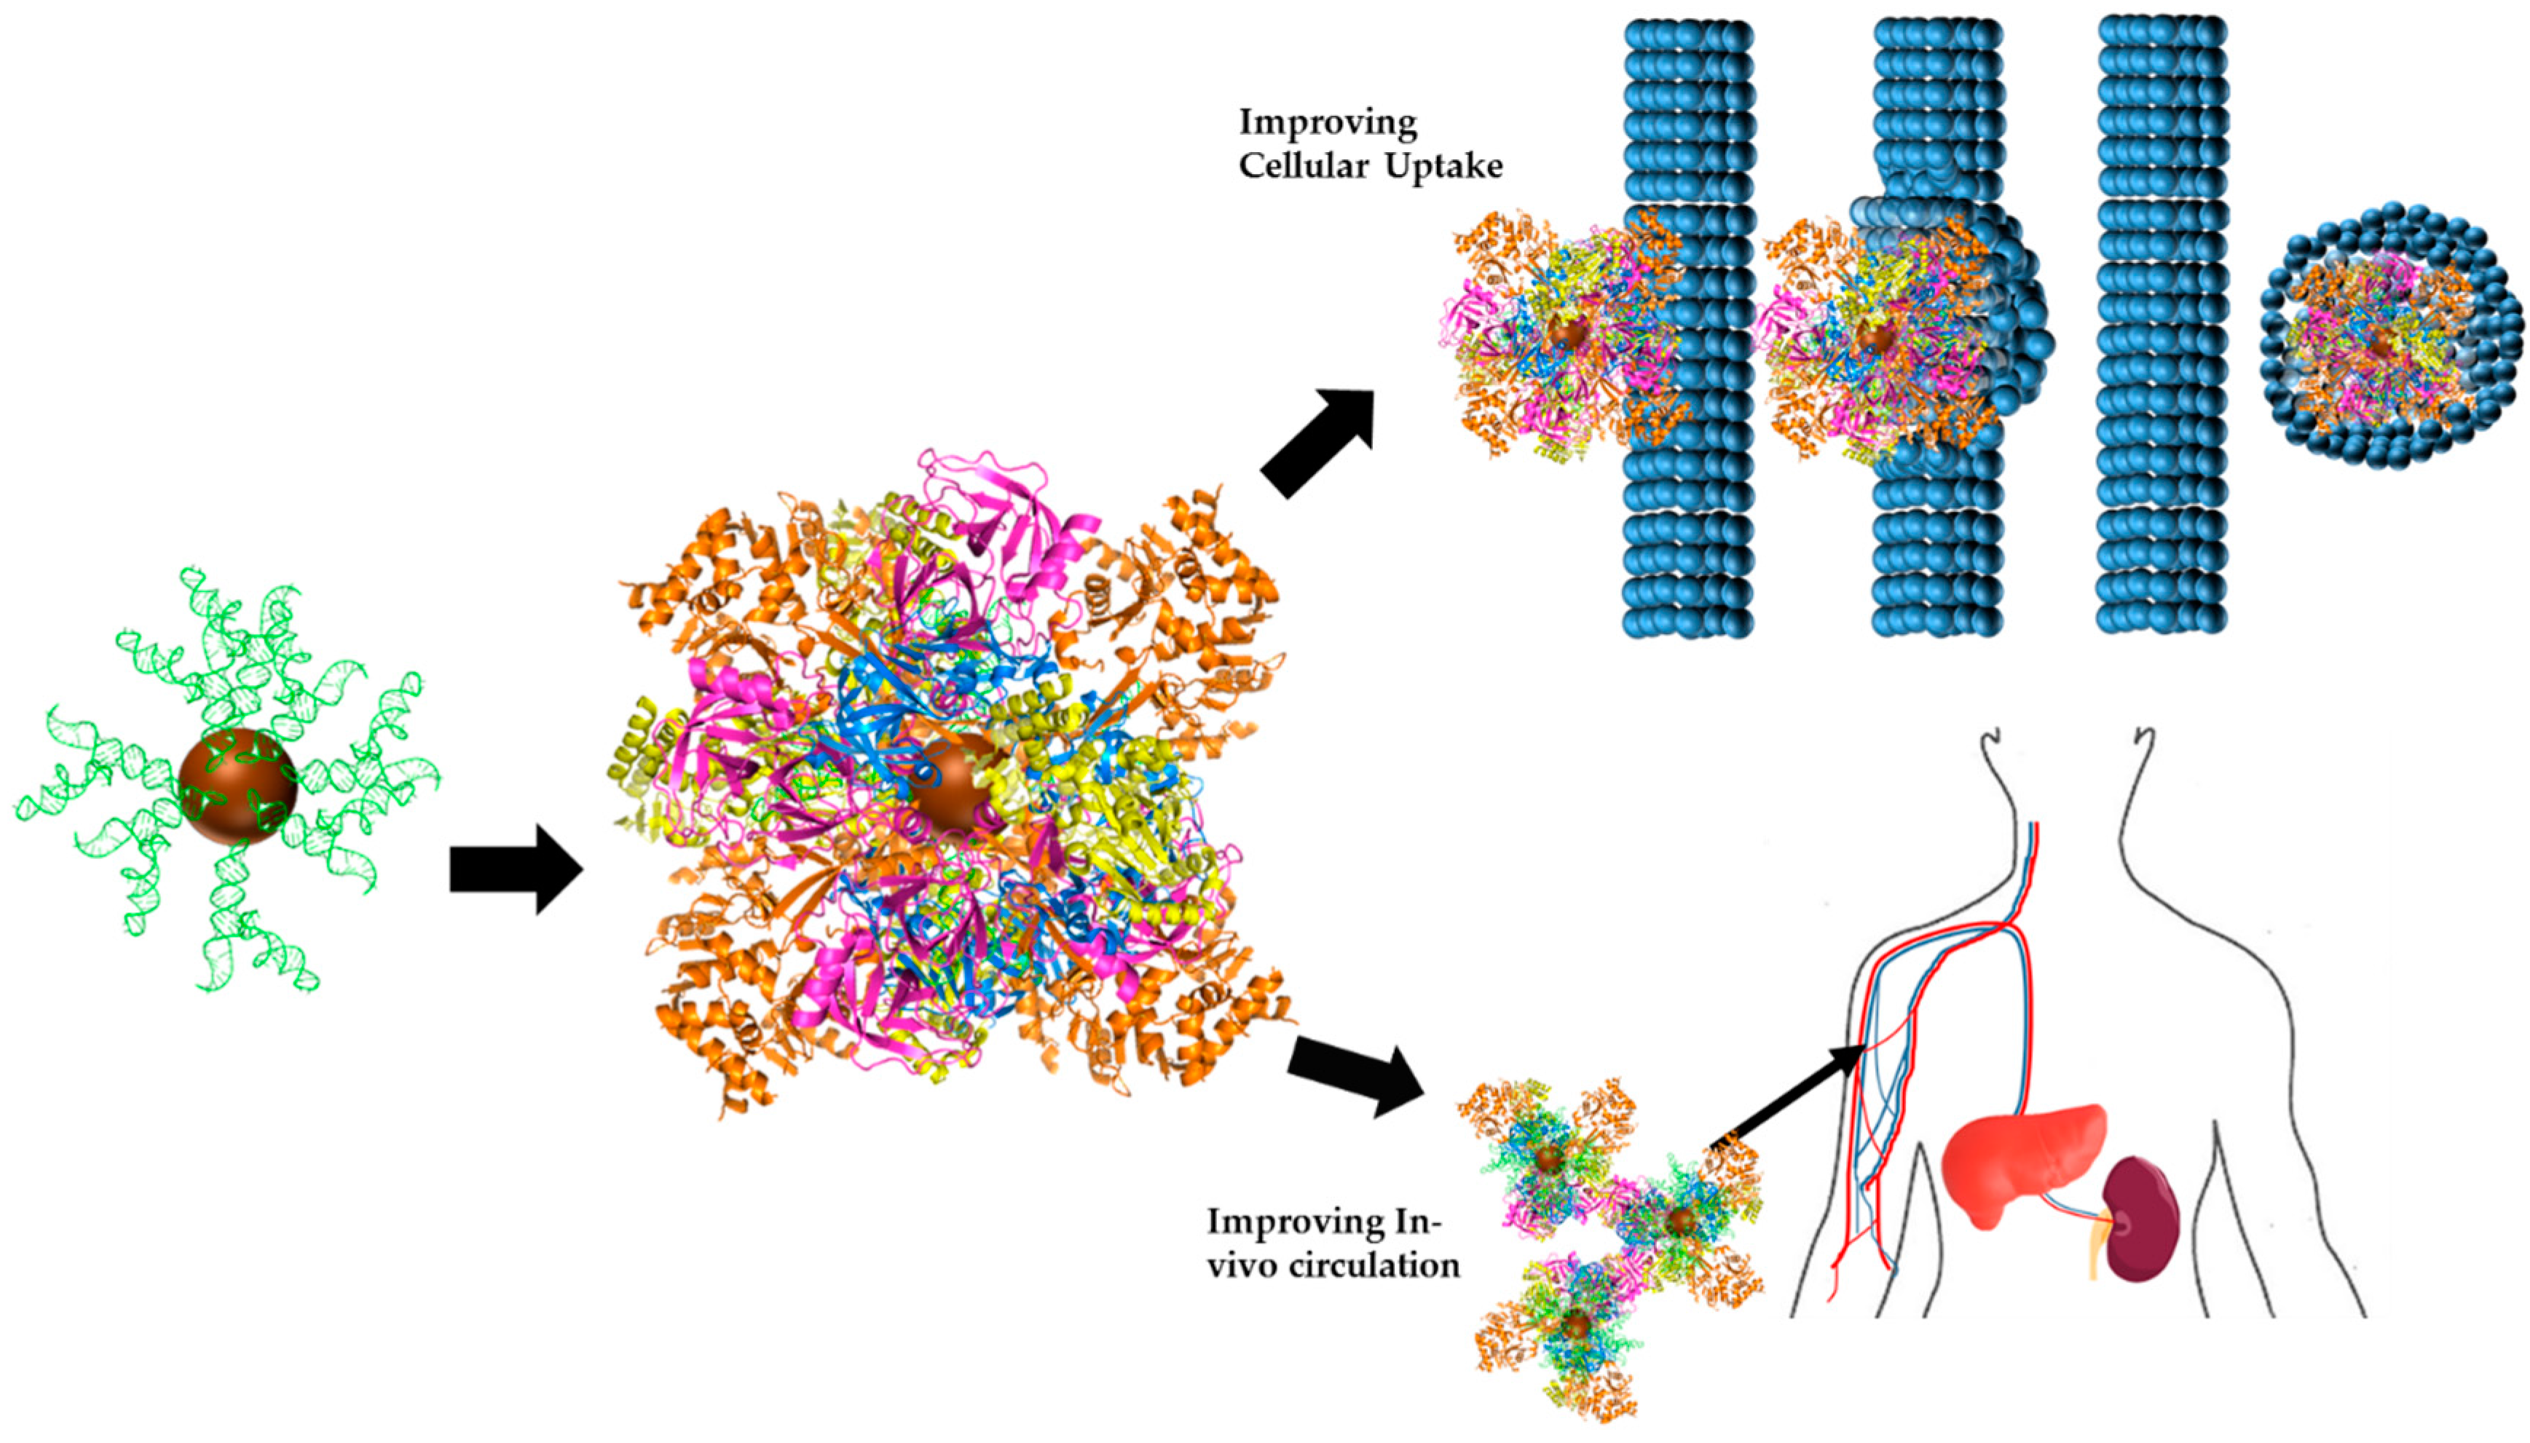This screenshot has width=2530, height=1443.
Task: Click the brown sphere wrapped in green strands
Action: [238, 786]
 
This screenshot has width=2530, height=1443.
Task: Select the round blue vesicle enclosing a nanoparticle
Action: [2390, 337]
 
